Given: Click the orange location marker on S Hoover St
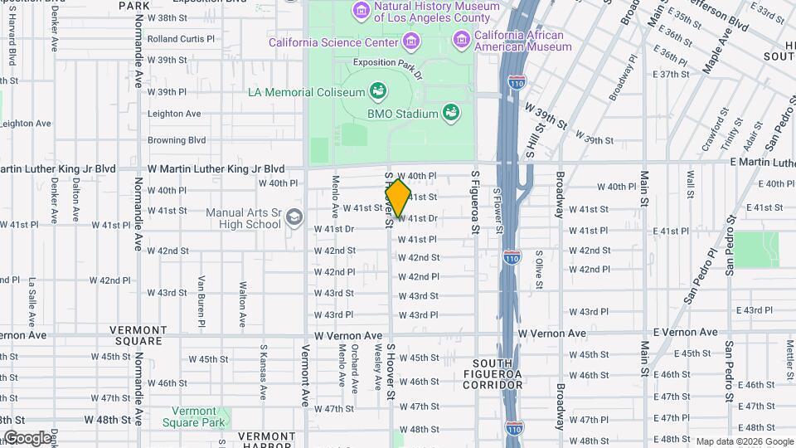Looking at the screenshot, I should coord(398,198).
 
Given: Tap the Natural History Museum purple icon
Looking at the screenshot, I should coord(361,10).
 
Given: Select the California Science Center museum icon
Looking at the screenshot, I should coord(410,41).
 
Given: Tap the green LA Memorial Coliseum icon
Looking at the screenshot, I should coord(378,90).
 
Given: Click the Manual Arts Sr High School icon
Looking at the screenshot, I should coord(293,218).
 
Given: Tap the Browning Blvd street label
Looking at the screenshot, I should coord(177,140).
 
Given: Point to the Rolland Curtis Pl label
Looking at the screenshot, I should coord(181,39).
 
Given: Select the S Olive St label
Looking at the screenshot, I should coord(538,270).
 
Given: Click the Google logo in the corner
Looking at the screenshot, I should coord(27,438).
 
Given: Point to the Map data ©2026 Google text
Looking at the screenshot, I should coord(745,441).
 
